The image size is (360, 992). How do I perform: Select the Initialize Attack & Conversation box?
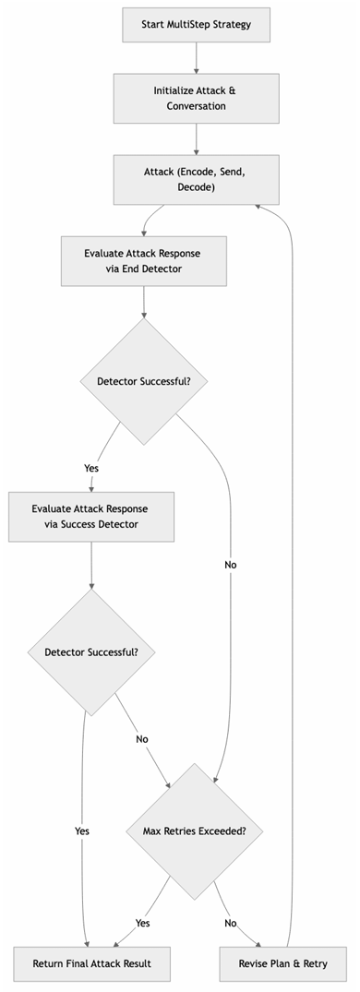point(196,98)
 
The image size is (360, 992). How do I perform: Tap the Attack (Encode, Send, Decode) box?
point(196,179)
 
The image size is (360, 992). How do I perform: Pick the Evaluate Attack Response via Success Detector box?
point(90,517)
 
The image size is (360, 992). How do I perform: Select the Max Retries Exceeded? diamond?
point(194,831)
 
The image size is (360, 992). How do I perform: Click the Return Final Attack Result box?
point(91,963)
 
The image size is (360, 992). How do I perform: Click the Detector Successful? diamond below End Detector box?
point(143,381)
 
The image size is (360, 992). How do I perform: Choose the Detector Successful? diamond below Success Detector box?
point(90,651)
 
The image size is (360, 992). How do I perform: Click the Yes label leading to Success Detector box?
point(91,468)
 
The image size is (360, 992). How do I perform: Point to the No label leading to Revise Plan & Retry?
point(230,922)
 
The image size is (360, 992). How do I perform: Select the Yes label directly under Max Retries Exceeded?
point(143,922)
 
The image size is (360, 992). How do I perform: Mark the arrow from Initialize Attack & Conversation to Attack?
point(196,138)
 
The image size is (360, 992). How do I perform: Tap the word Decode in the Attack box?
point(196,187)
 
